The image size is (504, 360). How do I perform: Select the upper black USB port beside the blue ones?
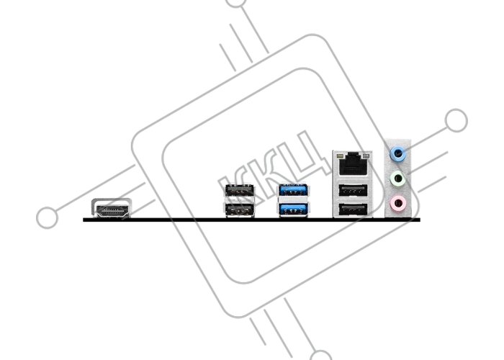coord(240,191)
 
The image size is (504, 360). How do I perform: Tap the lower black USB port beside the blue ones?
coord(240,210)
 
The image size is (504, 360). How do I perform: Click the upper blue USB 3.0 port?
coord(294,191)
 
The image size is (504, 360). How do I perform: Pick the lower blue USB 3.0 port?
coord(294,210)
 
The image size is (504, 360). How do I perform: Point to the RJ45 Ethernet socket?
coord(353,164)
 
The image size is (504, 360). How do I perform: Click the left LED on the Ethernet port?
coord(340,156)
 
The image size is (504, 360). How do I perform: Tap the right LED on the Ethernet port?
coord(366,156)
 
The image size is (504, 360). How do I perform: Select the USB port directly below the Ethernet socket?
coord(353,191)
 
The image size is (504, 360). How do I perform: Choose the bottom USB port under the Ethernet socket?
coord(353,210)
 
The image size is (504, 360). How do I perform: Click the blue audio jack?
coord(398,154)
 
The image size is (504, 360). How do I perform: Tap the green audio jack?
coord(398,179)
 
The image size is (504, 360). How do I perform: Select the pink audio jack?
coord(398,203)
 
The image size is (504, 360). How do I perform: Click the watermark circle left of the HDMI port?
coord(48,217)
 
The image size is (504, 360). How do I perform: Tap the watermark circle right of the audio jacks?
coord(456,120)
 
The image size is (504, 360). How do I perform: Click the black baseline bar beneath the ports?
coord(251,220)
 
